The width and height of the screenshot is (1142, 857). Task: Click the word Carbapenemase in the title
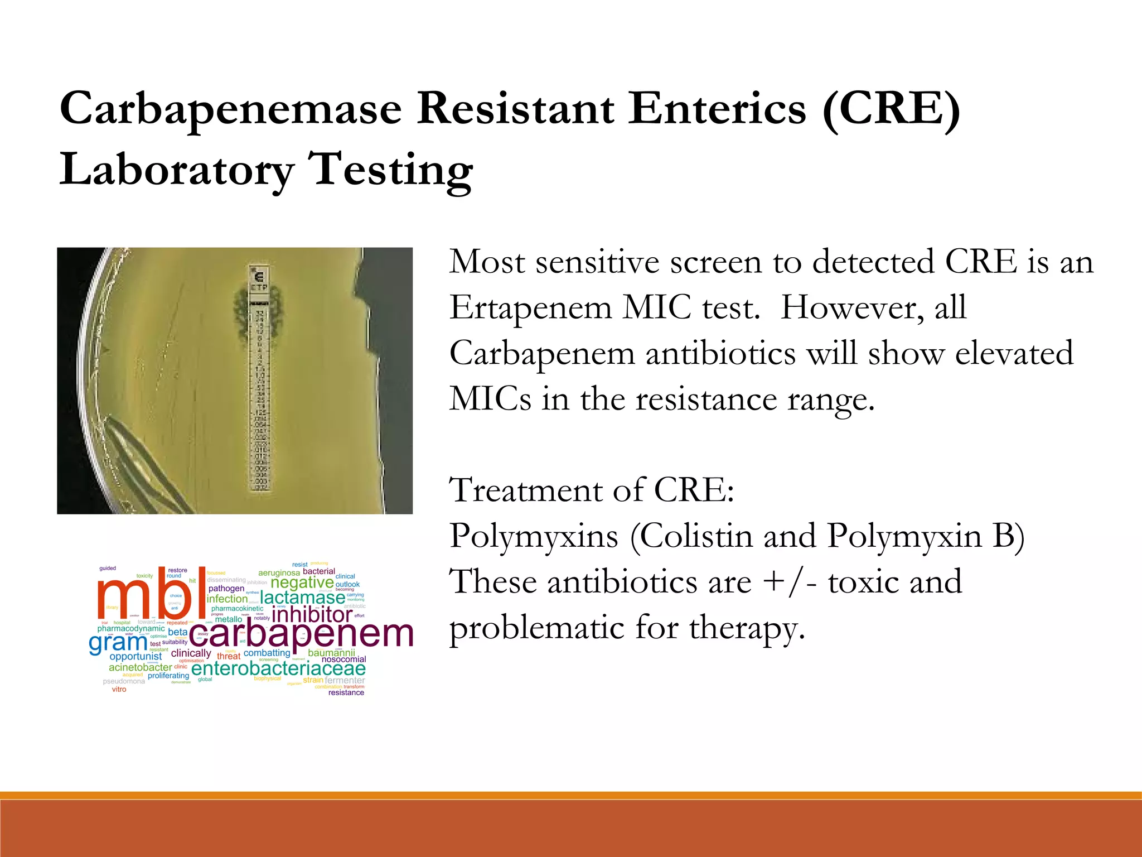click(230, 109)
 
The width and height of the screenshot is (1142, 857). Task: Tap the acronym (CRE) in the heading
click(891, 109)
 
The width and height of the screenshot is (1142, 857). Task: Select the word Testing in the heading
click(390, 171)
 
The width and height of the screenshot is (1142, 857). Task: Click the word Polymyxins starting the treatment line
click(534, 537)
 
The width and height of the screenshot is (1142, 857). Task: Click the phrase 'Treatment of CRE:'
click(592, 491)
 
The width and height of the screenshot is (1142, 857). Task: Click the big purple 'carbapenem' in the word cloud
click(301, 634)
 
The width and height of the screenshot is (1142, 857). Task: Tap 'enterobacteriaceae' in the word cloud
click(278, 668)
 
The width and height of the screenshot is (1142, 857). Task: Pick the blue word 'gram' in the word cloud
click(118, 643)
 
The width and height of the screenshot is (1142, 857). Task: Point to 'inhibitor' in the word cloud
click(312, 615)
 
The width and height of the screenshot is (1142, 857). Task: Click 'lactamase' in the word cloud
click(302, 598)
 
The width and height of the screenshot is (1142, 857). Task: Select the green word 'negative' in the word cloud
click(302, 582)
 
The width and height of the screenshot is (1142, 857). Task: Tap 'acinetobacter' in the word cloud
click(140, 667)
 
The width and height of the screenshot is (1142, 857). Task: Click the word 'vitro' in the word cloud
click(119, 690)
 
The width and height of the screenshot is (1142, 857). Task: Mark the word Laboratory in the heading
click(177, 171)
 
